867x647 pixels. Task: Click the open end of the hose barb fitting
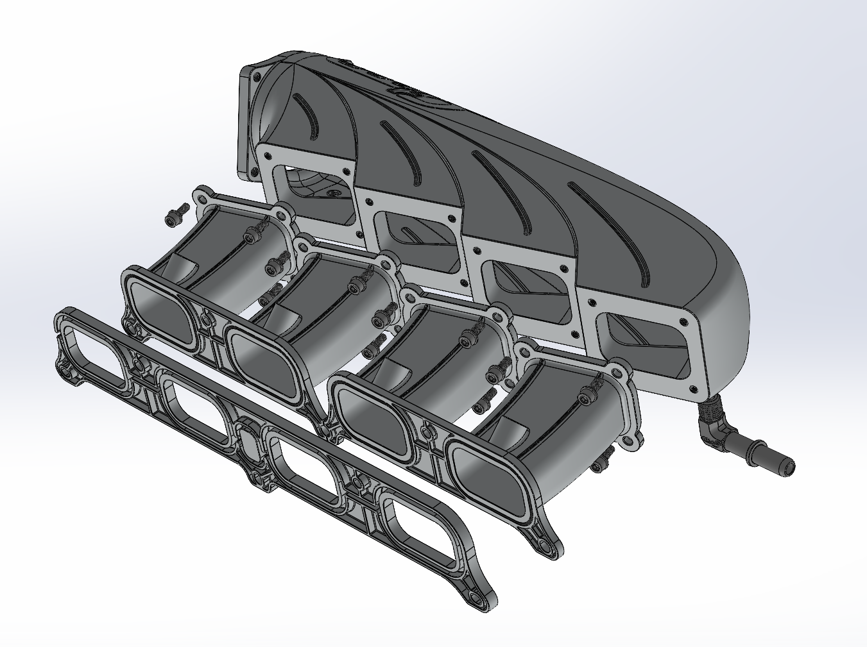pyautogui.click(x=789, y=466)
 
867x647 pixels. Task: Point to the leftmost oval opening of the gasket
pyautogui.click(x=94, y=349)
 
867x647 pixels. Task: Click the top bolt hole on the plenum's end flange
pyautogui.click(x=256, y=76)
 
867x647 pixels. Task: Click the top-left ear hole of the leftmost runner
pyautogui.click(x=205, y=193)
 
